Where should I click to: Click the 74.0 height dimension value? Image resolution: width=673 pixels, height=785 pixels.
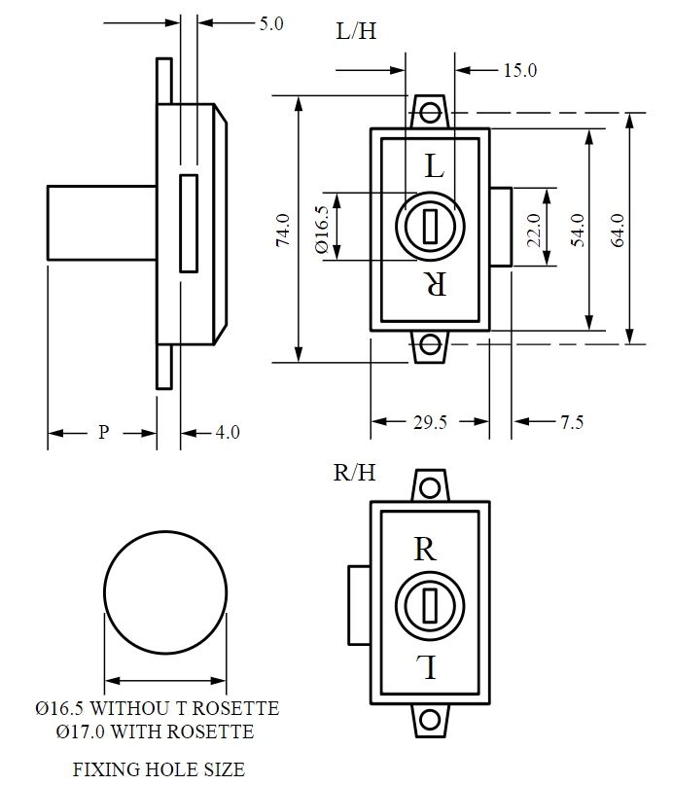283,230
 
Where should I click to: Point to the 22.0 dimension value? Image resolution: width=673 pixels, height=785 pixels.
533,230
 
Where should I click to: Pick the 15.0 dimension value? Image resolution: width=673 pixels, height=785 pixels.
520,70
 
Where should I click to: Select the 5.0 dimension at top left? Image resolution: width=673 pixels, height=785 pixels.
271,24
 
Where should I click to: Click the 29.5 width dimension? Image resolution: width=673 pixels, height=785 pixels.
429,422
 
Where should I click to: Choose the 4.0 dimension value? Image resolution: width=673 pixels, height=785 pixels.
226,432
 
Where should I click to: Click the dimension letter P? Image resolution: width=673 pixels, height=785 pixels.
102,432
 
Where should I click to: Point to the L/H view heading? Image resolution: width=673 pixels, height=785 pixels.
356,31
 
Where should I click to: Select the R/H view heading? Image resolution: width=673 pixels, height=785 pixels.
354,473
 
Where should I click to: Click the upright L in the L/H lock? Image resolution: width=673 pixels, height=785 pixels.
434,166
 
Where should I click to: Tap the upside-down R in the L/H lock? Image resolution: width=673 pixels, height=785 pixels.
435,284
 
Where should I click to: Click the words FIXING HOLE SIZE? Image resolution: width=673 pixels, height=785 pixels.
159,769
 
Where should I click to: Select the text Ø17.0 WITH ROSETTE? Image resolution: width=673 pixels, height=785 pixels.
156,731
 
